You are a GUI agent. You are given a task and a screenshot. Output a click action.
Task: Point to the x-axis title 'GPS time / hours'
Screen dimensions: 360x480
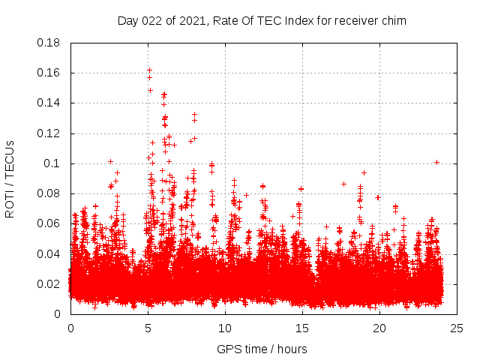[262, 349]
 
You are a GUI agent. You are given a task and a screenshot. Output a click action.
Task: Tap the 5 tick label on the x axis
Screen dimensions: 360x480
[148, 328]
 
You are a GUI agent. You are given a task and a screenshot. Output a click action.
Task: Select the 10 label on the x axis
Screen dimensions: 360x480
[225, 328]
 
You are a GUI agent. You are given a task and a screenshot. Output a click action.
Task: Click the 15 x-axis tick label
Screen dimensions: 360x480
[302, 328]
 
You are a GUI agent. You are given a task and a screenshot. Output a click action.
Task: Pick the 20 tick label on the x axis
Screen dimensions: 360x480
[379, 328]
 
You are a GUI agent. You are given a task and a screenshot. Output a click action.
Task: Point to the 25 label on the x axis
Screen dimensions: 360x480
[457, 328]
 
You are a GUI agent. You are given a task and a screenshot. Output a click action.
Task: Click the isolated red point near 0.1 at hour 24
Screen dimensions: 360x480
[436, 162]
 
